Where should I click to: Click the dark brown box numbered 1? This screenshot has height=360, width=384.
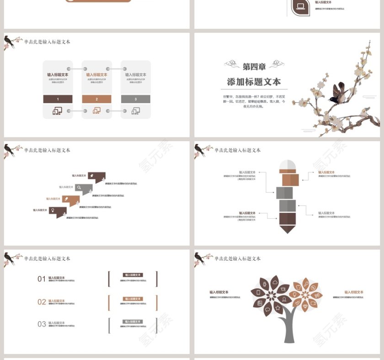click(58, 99)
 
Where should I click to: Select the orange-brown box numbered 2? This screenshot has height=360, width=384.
click(96, 99)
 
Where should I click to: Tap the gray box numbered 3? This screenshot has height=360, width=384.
click(135, 99)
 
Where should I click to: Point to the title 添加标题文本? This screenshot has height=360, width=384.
click(254, 82)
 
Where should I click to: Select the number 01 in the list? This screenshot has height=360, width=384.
click(42, 279)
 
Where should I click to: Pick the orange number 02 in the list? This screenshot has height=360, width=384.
click(42, 302)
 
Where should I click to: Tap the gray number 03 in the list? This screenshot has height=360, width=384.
click(42, 324)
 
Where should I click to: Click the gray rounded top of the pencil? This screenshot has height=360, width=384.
click(287, 164)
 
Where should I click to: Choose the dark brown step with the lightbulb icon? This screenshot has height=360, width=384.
click(55, 211)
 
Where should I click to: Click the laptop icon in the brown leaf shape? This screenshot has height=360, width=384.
click(300, 6)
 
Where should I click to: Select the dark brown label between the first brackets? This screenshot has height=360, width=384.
click(133, 275)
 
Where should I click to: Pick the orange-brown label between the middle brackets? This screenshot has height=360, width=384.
click(133, 299)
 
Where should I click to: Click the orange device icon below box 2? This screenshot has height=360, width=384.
click(96, 111)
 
